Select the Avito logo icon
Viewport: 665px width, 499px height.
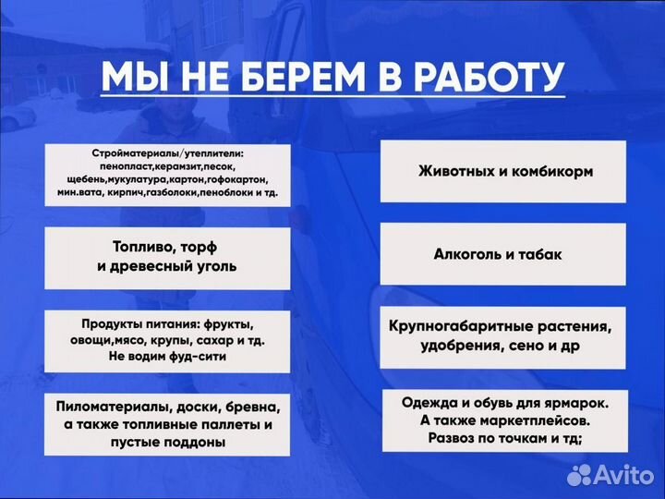[x=579, y=475]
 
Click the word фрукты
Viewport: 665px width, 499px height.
[x=226, y=325]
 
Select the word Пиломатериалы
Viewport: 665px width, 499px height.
[x=113, y=407]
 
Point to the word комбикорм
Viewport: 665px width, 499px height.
[x=550, y=172]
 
